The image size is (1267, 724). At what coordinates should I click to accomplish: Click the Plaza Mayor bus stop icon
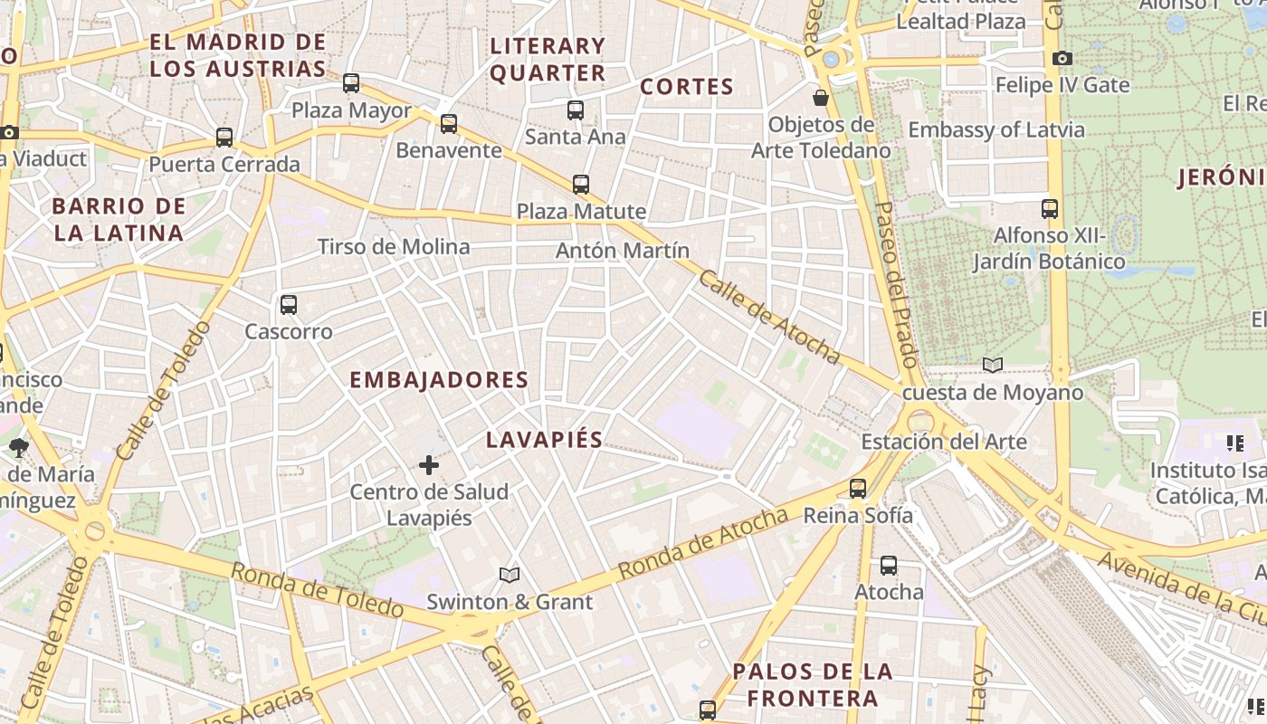point(351,83)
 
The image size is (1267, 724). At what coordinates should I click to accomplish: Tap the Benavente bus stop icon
point(449,124)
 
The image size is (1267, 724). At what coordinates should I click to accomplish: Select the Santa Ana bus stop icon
point(576,110)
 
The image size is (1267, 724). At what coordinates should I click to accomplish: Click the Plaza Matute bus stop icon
point(581,185)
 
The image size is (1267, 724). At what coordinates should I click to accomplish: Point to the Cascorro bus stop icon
point(289,305)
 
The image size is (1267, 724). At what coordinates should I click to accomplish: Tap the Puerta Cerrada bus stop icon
point(224,138)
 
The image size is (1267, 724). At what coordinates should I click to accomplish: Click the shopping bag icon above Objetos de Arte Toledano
point(821,97)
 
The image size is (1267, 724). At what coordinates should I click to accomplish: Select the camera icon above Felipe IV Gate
point(1062,59)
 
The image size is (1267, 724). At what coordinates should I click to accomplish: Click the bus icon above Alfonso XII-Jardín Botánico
point(1050,209)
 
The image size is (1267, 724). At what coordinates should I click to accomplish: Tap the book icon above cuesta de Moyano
point(993,365)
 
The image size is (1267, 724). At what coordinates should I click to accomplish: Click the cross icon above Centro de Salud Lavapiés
point(429,465)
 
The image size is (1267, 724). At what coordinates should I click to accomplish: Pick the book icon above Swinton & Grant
point(510,575)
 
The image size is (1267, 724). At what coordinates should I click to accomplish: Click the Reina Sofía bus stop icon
point(858,489)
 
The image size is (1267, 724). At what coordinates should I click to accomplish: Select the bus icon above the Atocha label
point(889,566)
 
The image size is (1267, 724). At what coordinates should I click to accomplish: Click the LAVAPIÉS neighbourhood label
point(544,440)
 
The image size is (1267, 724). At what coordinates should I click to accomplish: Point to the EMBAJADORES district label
point(439,380)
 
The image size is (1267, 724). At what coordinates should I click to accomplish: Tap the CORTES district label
point(686,87)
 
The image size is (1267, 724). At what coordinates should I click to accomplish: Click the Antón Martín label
point(623,251)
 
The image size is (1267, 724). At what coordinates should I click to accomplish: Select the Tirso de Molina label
point(394,247)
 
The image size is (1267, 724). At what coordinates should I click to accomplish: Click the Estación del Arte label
point(944,442)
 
